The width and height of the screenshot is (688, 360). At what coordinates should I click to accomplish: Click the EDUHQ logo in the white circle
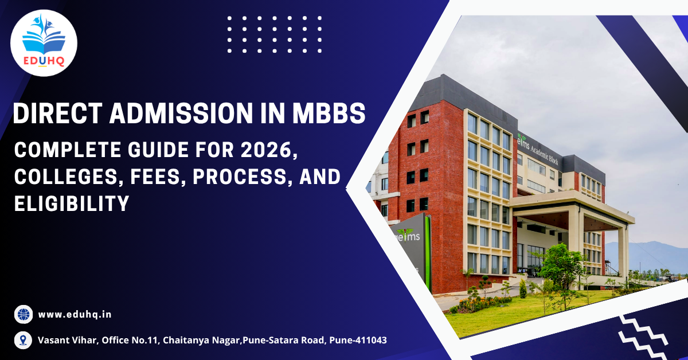point(44,42)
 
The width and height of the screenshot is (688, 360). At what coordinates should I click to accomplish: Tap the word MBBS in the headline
point(329,114)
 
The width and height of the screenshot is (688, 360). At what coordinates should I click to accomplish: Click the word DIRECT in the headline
point(58,114)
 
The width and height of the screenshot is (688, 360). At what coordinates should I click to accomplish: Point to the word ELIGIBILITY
point(72,204)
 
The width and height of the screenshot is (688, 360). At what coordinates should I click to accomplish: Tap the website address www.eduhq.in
point(75,315)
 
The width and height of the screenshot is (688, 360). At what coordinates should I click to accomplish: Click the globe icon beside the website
point(24,314)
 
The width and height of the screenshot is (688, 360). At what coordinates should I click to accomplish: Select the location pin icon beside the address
point(23,340)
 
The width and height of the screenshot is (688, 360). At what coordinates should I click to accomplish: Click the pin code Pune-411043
point(358,340)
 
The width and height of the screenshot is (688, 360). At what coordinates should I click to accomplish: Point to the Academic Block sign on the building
point(538,150)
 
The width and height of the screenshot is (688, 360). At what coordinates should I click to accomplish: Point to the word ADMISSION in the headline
point(181,114)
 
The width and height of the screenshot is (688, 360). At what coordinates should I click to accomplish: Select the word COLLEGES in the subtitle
point(69,177)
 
